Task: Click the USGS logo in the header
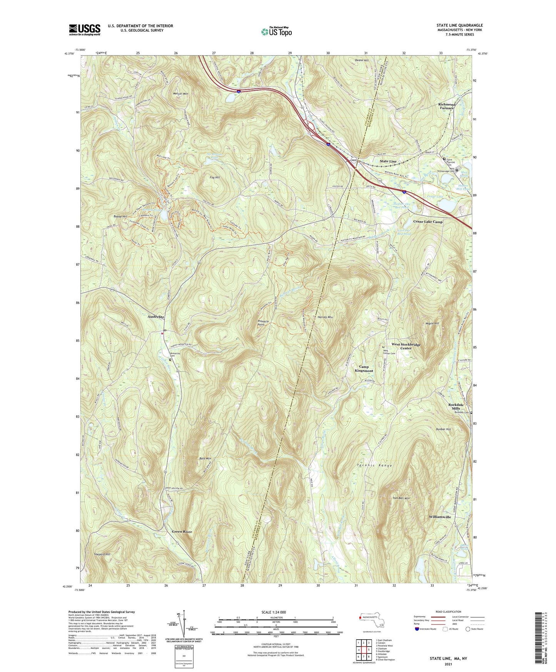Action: [x=85, y=29]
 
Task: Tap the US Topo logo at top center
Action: [x=276, y=32]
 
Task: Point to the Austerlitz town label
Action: [x=156, y=317]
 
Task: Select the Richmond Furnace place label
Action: [x=447, y=106]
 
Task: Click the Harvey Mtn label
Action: [x=325, y=317]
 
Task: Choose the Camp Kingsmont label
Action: [x=364, y=369]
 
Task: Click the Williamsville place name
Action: [x=440, y=517]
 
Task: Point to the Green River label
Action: [x=182, y=532]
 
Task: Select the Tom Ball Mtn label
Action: [x=401, y=498]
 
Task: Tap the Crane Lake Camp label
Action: [x=428, y=222]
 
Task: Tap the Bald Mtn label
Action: [x=205, y=459]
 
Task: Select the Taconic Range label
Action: [x=374, y=466]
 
